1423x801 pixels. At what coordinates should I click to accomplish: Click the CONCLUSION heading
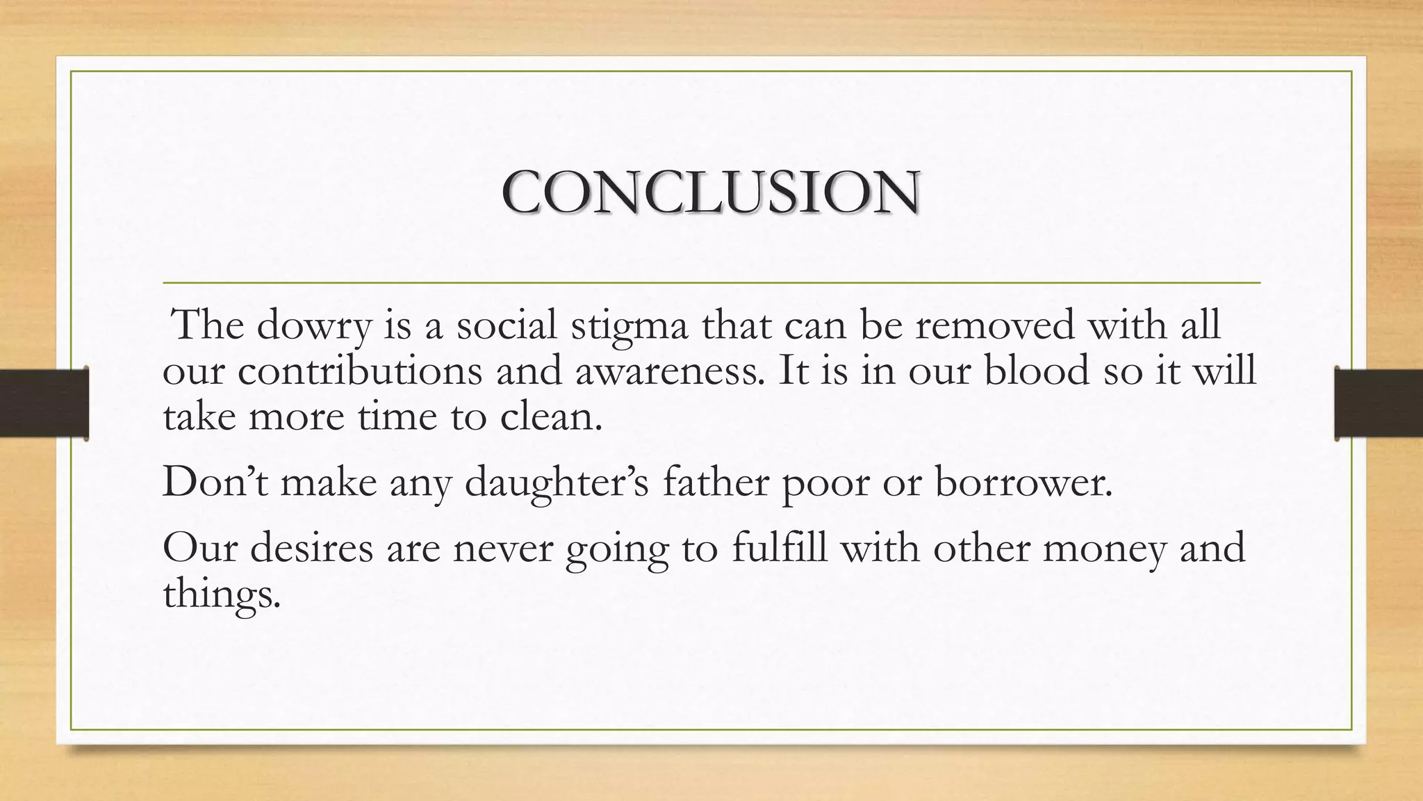pos(711,192)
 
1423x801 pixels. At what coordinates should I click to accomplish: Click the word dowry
pos(313,325)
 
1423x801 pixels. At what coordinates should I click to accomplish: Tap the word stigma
pos(630,325)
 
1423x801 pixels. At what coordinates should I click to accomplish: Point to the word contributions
pos(360,370)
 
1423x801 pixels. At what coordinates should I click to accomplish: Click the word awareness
pos(668,370)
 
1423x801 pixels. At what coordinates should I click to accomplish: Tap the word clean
pos(551,416)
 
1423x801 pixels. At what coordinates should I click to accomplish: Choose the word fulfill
pos(780,547)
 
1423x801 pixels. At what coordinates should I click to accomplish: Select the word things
pos(221,593)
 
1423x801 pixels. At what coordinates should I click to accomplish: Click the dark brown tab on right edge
pos(1379,403)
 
